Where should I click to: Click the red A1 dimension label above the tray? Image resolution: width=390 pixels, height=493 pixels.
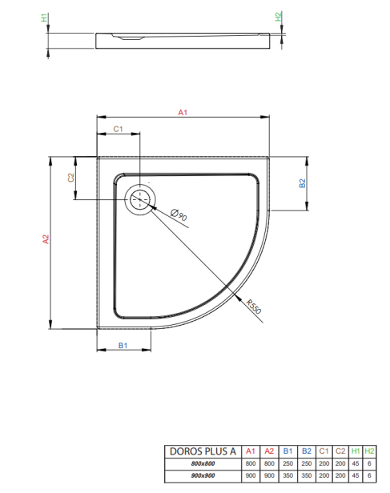183,112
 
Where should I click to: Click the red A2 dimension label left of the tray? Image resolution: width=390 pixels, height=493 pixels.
46,239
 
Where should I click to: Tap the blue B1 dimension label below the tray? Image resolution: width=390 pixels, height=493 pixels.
123,346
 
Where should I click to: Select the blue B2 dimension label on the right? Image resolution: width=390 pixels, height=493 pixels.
302,183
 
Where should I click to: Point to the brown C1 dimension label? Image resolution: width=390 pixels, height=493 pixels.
118,129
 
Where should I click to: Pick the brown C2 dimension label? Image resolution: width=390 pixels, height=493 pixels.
71,178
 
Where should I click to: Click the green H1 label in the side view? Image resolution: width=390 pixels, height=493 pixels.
44,18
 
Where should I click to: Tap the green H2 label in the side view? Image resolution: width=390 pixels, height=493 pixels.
278,17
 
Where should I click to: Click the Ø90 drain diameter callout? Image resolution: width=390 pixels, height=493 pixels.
179,215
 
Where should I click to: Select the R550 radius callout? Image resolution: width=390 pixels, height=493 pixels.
254,307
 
